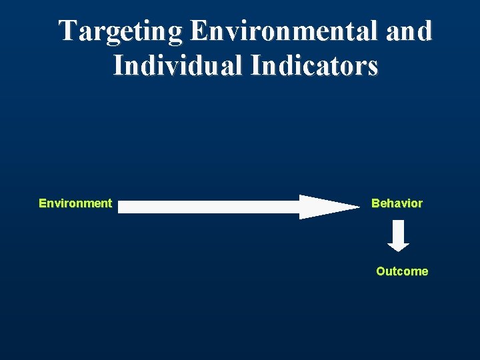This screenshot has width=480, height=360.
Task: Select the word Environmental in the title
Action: click(279, 31)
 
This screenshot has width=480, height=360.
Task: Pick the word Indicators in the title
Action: click(314, 66)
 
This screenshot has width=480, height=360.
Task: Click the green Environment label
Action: click(75, 203)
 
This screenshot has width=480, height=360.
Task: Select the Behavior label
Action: click(397, 203)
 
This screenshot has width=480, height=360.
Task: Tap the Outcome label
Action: click(402, 271)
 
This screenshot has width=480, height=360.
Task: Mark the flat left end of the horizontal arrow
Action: click(121, 207)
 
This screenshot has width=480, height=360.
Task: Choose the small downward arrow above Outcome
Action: click(399, 237)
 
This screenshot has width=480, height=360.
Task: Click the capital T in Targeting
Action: click(67, 31)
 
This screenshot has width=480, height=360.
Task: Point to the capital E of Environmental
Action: click(197, 31)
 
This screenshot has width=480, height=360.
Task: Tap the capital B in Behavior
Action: click(375, 203)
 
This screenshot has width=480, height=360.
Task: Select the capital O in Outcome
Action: click(381, 271)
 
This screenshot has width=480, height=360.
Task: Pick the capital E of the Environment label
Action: click(43, 203)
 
